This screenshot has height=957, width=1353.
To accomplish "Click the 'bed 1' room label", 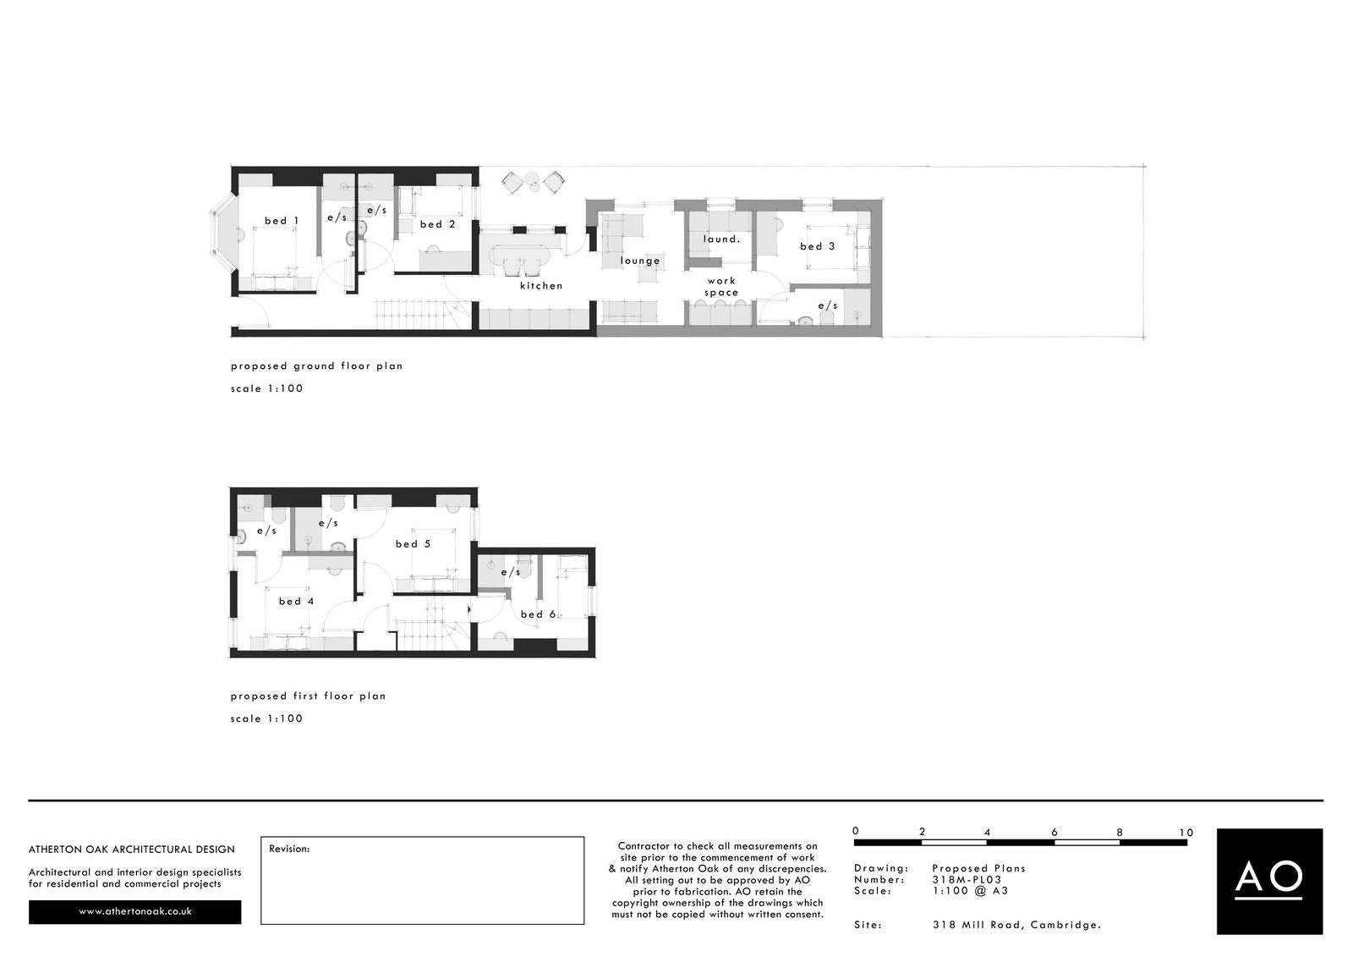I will click(x=282, y=221).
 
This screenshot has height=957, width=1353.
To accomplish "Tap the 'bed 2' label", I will click(x=437, y=224).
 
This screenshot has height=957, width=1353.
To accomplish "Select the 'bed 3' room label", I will click(x=817, y=246).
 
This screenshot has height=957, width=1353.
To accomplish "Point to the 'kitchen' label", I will click(x=541, y=286).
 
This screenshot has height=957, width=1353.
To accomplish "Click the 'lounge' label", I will click(x=640, y=261).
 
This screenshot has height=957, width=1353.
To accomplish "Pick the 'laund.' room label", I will click(x=721, y=239).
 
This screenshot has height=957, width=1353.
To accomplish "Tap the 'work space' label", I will click(x=721, y=287).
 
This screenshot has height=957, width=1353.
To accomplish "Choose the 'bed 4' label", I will click(x=296, y=602).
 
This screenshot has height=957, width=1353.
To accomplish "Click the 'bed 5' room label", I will click(x=413, y=544).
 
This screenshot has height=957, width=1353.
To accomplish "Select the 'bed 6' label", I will click(x=538, y=614).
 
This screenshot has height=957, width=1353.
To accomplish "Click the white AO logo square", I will click(x=1269, y=881).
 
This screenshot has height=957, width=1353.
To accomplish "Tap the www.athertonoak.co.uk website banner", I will click(x=135, y=911).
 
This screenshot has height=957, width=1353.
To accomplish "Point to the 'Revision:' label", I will click(x=289, y=849).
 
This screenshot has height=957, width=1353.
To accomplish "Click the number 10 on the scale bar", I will click(x=1186, y=833).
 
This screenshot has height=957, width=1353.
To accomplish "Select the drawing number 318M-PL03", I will click(x=967, y=879).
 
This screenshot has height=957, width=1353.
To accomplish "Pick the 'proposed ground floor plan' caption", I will click(x=317, y=366).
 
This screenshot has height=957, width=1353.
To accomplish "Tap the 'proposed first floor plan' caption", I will click(x=308, y=696).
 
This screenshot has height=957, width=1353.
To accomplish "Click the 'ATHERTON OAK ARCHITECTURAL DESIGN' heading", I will click(x=132, y=849).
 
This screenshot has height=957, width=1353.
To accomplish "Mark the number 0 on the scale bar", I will click(x=856, y=832).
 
